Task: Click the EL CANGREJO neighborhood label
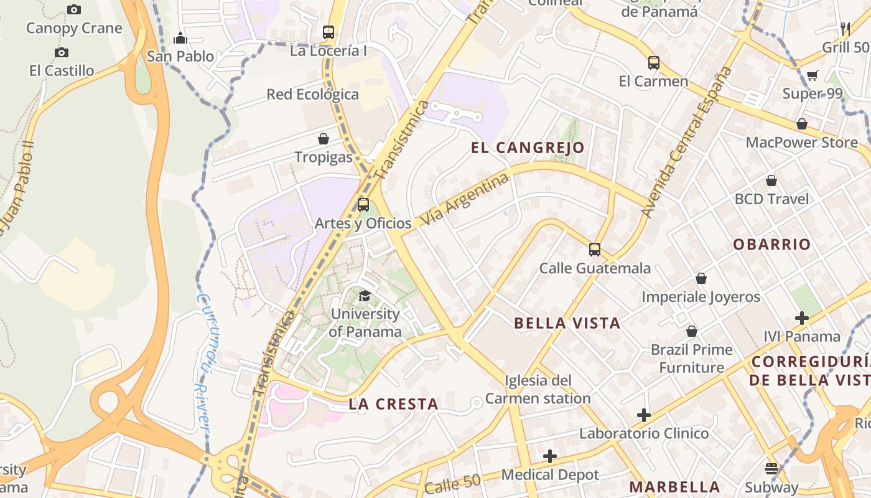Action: (x=528, y=148)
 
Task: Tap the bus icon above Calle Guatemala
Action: (x=595, y=250)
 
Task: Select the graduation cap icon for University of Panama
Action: (x=365, y=295)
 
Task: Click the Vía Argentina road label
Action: (x=464, y=200)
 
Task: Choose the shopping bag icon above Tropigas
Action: (x=324, y=139)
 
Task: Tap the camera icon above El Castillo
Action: (x=62, y=52)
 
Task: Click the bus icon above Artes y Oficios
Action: (x=363, y=204)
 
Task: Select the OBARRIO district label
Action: (x=771, y=244)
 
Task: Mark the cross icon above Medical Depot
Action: (x=550, y=456)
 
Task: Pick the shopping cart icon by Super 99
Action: (x=812, y=76)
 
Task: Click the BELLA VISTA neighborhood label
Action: (x=567, y=322)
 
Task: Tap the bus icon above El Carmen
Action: (x=653, y=63)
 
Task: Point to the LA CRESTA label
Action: (x=393, y=404)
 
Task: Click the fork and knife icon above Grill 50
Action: (x=845, y=29)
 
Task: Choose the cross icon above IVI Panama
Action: (x=802, y=319)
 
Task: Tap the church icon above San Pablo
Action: (x=180, y=38)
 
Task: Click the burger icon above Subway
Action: (x=771, y=469)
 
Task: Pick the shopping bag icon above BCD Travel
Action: (x=771, y=181)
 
